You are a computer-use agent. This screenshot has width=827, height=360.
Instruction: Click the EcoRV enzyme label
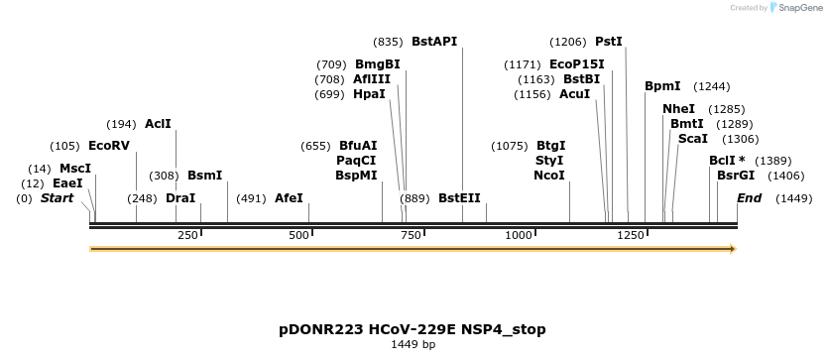point(109,146)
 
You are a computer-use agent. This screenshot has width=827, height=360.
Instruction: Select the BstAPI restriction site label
point(434,42)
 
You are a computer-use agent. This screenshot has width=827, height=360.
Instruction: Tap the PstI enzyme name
point(609,42)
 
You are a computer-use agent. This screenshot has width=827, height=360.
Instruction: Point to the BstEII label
point(459,198)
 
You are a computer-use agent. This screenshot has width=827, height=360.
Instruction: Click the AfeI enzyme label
point(289,198)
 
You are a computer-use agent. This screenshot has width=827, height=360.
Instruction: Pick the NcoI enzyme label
point(549,176)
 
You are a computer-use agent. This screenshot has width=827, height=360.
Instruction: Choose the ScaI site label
point(692,139)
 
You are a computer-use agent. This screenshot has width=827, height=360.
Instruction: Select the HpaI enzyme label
point(369,94)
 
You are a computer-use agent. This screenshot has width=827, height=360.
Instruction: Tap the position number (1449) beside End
point(794,198)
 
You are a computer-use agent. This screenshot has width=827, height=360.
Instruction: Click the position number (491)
point(252,198)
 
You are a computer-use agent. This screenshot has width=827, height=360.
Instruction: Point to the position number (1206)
point(568,42)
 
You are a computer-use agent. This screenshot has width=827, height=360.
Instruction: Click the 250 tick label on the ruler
point(188,235)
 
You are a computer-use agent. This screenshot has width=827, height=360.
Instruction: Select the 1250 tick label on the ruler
point(631,235)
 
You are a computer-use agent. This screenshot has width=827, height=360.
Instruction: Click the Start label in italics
point(57,198)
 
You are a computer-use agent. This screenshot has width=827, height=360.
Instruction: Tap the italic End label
point(749,198)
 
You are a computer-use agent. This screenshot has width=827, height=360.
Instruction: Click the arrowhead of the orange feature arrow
point(732,249)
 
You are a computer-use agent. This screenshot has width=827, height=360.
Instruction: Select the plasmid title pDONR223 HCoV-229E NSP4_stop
point(413,329)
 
